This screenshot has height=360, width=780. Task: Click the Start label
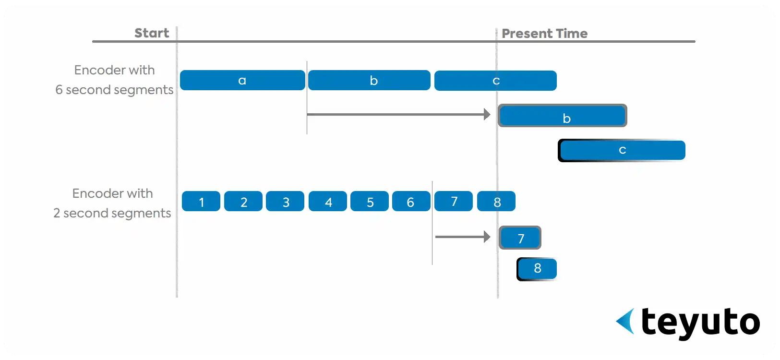coord(152,33)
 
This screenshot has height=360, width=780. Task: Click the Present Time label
coord(545,34)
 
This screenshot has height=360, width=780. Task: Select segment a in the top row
coord(243,81)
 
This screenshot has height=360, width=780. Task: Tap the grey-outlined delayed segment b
coord(563,116)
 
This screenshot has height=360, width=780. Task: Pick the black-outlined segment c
coord(622,150)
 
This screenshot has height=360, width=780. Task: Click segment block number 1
coord(201,201)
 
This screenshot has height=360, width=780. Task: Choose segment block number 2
coord(243,201)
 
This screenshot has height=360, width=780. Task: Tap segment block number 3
coord(285,201)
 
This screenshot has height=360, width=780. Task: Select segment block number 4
coord(328,201)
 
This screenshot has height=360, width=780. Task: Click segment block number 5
coord(370,201)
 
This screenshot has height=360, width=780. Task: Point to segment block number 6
coord(411,201)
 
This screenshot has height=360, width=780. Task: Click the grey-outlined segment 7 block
coord(520,238)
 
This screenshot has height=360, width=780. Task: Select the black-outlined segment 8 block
coord(537,269)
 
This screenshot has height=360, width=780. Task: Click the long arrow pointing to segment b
coord(399,114)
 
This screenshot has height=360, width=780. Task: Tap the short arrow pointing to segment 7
coord(463,237)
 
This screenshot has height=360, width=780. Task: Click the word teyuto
coord(701,323)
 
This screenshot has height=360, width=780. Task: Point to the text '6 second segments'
coord(114,90)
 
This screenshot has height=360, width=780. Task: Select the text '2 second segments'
coord(112,213)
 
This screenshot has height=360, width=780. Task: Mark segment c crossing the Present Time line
coord(495,81)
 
